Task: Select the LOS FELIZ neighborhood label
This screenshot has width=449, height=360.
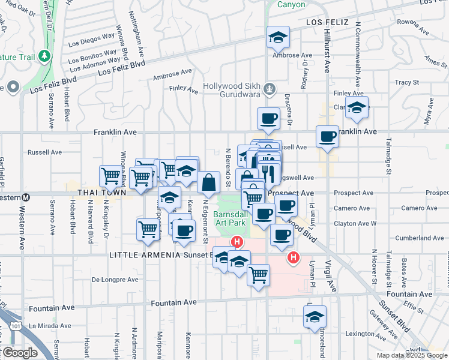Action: coord(327,22)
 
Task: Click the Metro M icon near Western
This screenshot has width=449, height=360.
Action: coord(26,197)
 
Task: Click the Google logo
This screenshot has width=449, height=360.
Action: coord(19,353)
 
